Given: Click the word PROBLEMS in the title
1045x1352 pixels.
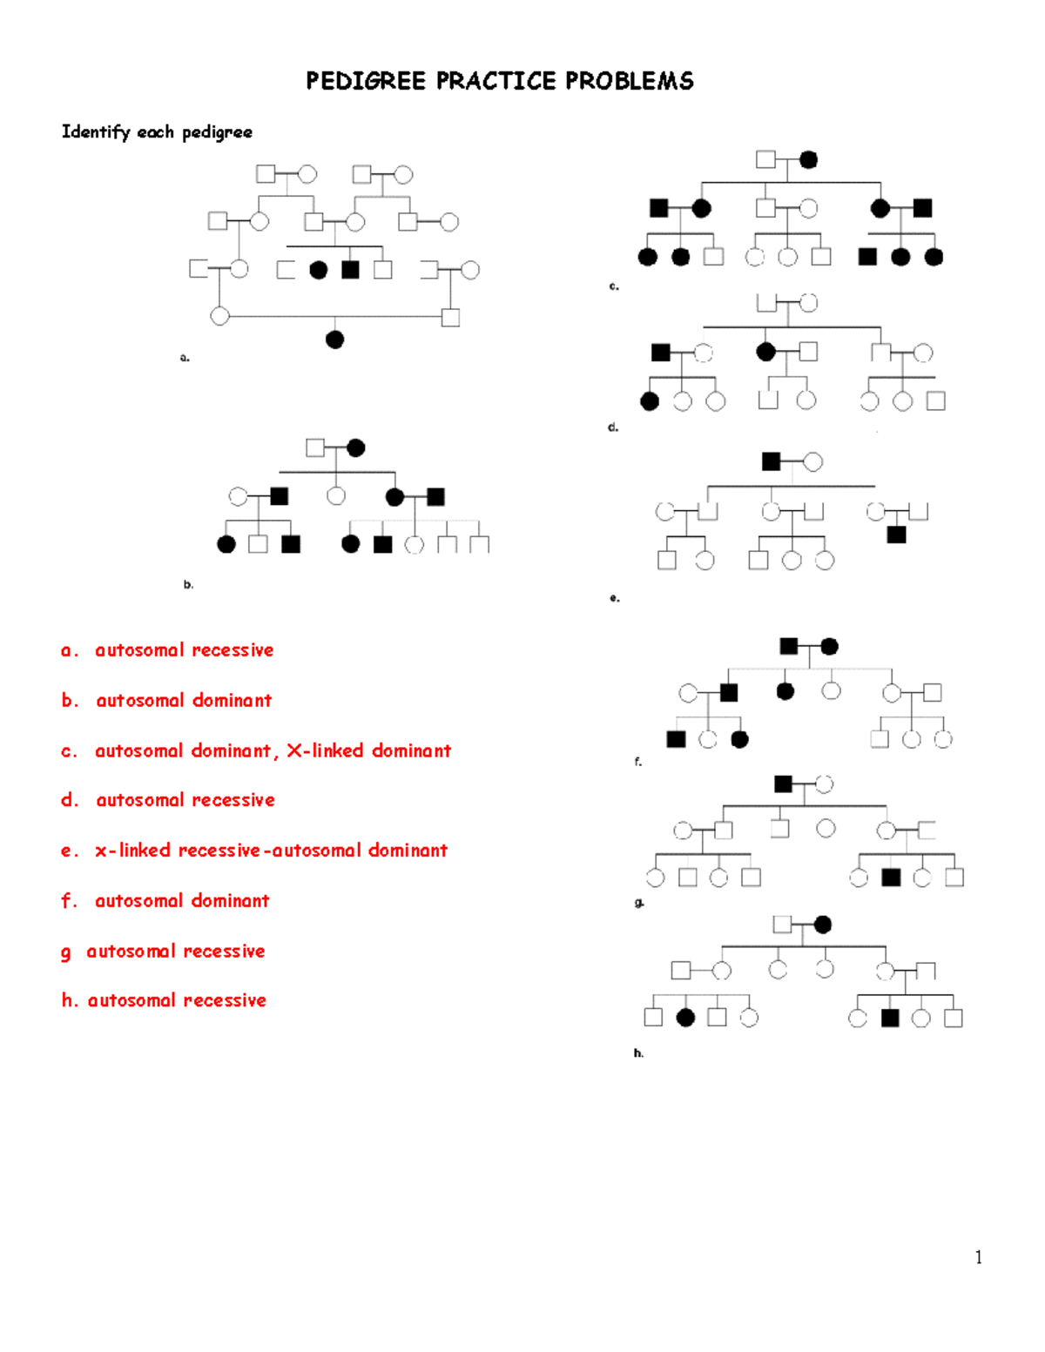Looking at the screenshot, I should [630, 81].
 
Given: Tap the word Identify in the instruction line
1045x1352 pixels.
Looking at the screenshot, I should [96, 131].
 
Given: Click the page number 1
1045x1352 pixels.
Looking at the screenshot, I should [979, 1256].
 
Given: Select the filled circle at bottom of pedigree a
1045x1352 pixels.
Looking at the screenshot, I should [334, 340].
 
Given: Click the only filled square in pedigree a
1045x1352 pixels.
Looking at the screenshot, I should [350, 270].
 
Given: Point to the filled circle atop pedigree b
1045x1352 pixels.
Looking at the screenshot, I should [355, 447].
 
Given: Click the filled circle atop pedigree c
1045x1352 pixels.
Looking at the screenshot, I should [808, 159].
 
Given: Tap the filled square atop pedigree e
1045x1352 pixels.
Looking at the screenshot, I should [771, 461].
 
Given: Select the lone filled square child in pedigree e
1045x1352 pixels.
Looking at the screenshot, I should [896, 534].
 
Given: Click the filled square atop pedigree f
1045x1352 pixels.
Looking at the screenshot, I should [789, 646].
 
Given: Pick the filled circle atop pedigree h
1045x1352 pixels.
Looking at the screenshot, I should [822, 925].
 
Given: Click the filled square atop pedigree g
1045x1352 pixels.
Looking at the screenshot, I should [783, 784].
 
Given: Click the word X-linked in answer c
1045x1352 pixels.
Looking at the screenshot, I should [325, 750].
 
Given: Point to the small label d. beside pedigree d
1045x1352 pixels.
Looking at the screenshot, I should [613, 427].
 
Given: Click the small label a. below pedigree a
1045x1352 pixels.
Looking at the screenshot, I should [185, 357].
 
